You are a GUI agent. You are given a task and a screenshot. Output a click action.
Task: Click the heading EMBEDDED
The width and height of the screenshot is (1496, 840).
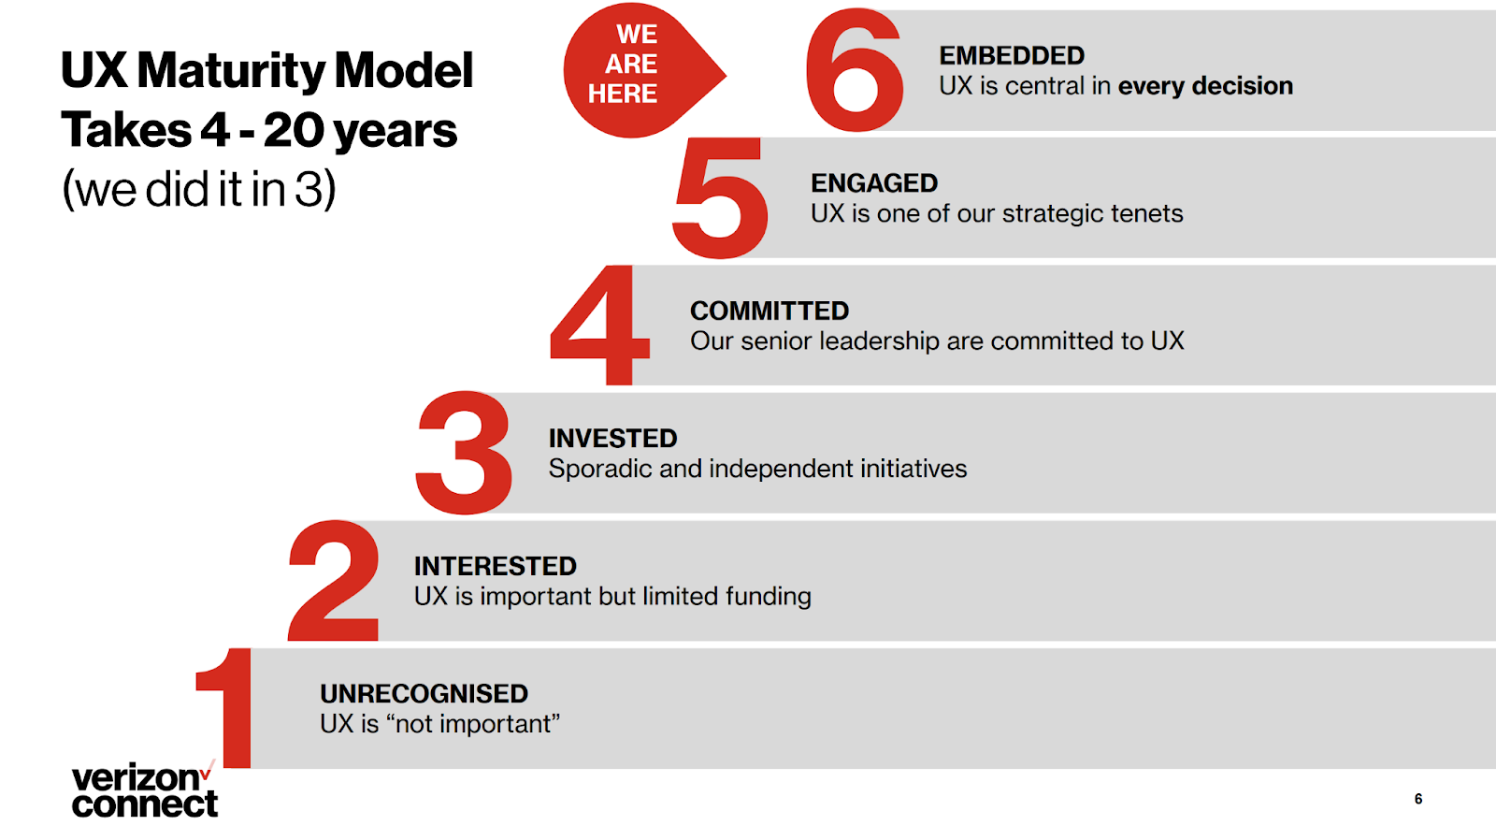pyautogui.click(x=1012, y=55)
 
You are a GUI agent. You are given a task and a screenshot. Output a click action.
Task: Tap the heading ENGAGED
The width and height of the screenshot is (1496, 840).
pyautogui.click(x=874, y=183)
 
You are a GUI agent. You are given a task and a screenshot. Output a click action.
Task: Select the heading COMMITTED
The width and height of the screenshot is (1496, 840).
pyautogui.click(x=770, y=311)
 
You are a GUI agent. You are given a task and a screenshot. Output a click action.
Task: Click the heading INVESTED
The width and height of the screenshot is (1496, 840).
pyautogui.click(x=613, y=439)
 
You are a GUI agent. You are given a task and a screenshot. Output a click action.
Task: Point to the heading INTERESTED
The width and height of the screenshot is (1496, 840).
pyautogui.click(x=495, y=566)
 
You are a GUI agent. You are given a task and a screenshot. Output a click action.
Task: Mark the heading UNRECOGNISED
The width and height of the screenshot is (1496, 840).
pyautogui.click(x=424, y=694)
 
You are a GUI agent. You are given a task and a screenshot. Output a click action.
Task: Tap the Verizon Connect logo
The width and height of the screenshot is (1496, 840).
pyautogui.click(x=144, y=789)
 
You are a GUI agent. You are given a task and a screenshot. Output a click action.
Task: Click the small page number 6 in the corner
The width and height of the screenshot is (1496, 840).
pyautogui.click(x=1418, y=799)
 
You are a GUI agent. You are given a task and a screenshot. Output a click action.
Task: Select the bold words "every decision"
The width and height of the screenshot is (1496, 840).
pyautogui.click(x=1205, y=86)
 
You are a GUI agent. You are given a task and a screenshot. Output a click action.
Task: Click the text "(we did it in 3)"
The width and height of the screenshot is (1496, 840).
pyautogui.click(x=199, y=190)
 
